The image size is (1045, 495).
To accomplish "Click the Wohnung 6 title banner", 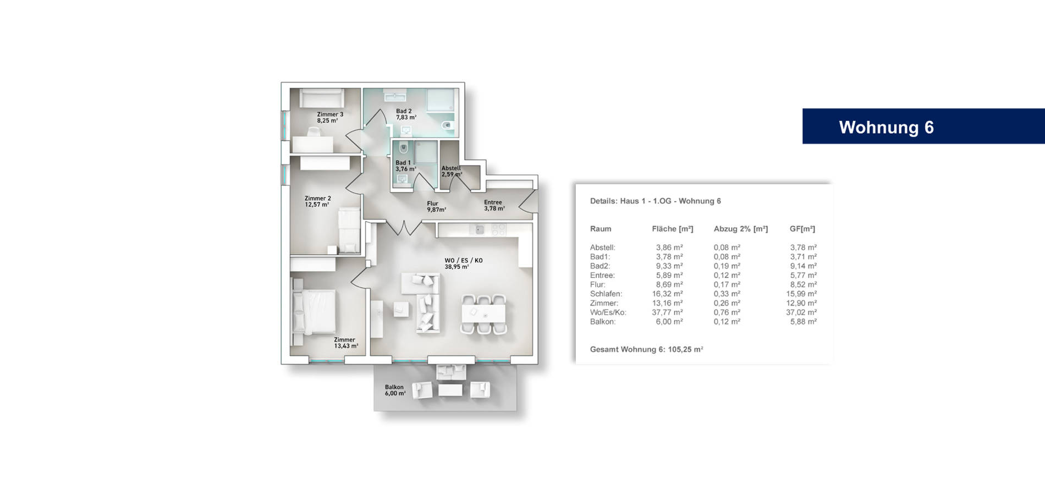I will click(886, 127).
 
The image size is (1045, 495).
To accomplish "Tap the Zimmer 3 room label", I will click(329, 117).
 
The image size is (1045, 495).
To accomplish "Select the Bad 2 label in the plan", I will click(405, 114).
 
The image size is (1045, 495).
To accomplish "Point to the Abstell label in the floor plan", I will click(451, 171).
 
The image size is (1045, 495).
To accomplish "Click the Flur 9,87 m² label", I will click(436, 206).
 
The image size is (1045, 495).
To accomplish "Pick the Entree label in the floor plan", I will click(493, 205).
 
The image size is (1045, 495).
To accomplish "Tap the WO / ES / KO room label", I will click(463, 263).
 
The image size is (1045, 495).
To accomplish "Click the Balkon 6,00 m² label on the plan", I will click(394, 390).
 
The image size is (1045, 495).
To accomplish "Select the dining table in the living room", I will click(483, 314).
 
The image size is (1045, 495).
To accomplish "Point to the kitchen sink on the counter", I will click(480, 230).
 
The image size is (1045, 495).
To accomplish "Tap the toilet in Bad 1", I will click(404, 147).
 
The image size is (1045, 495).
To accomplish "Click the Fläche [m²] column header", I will click(672, 229).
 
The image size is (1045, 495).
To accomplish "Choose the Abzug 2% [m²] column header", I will click(740, 229).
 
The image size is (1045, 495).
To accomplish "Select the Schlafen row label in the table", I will click(606, 294).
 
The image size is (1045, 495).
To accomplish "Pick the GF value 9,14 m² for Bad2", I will click(803, 266).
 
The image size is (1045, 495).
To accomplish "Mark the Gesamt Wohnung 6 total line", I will click(646, 349).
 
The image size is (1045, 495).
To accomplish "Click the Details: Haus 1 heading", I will click(655, 201).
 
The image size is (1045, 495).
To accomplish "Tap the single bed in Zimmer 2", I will click(349, 230).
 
